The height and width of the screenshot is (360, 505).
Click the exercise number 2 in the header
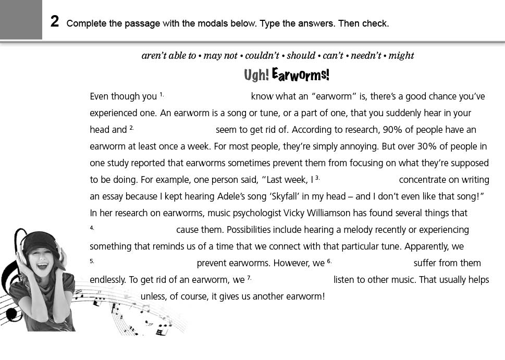(x=55, y=22)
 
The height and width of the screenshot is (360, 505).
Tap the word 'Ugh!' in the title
(x=256, y=76)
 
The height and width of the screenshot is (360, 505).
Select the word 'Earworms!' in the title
(x=301, y=75)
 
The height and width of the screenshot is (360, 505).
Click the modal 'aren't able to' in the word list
(x=169, y=56)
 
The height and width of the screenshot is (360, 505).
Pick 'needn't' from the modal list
(x=366, y=56)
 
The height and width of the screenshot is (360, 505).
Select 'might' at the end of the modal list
(x=401, y=56)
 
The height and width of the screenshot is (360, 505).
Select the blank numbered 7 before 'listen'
(x=292, y=280)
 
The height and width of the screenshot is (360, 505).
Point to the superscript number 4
(x=92, y=228)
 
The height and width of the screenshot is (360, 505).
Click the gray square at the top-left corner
(x=21, y=20)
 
